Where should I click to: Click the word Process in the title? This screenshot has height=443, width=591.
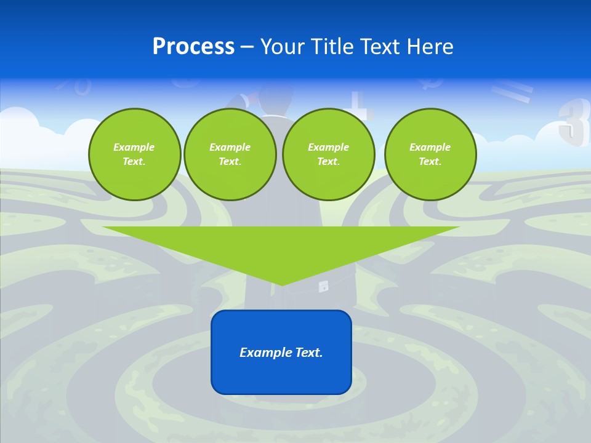coord(193,47)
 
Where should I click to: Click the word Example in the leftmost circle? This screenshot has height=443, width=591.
coord(134,147)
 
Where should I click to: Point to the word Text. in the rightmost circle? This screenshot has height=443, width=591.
coord(430,161)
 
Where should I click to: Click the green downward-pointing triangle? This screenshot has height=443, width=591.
coord(281,246)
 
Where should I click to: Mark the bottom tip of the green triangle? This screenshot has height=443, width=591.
coord(281,284)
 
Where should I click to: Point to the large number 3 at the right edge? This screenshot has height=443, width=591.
coord(573,122)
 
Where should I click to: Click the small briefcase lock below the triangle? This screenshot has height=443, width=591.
coord(323,287)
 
